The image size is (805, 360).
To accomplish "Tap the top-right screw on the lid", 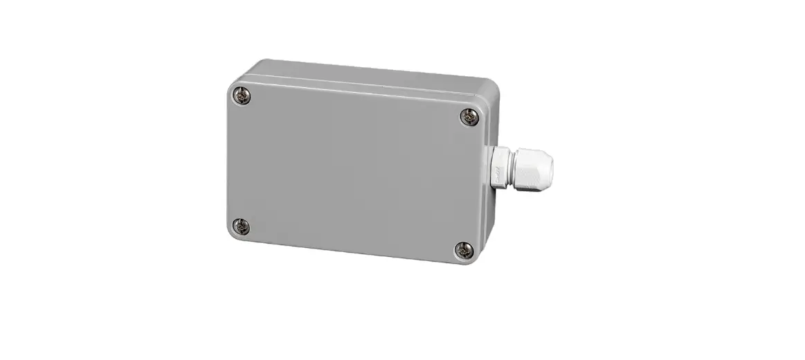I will [x=470, y=118].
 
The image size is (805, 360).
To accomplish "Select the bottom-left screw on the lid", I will [x=240, y=225].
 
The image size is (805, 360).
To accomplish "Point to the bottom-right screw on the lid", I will [x=464, y=250].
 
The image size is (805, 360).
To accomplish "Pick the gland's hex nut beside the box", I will [x=498, y=167].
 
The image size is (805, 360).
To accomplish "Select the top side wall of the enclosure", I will [x=367, y=74].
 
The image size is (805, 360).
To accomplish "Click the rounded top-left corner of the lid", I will [x=231, y=87].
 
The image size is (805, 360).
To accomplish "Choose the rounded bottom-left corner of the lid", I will [x=231, y=235].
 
